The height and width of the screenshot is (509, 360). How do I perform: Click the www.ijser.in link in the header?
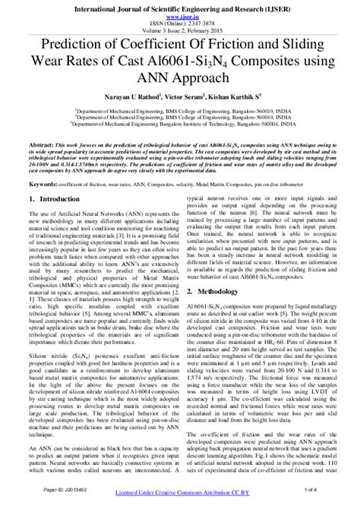click(x=180, y=14)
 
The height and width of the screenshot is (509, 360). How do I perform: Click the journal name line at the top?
click(x=180, y=6)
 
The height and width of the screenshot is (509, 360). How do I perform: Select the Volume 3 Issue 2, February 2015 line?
click(x=180, y=29)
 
